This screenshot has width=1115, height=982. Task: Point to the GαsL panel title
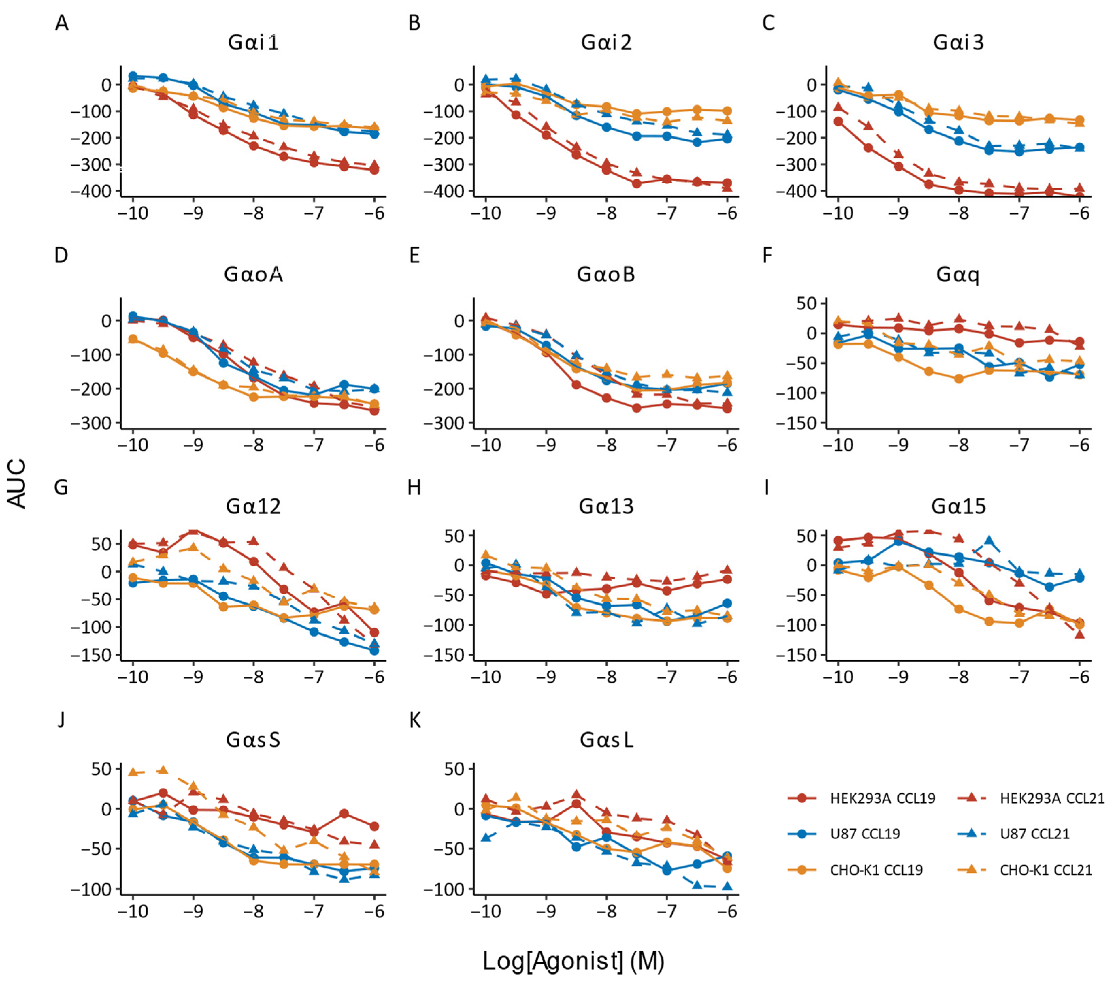pyautogui.click(x=606, y=740)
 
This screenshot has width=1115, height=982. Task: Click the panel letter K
pyautogui.click(x=415, y=721)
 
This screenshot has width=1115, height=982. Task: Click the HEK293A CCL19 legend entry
pyautogui.click(x=862, y=799)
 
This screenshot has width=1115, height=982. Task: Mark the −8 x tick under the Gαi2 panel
pyautogui.click(x=606, y=213)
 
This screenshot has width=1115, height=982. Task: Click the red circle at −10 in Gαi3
pyautogui.click(x=838, y=121)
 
